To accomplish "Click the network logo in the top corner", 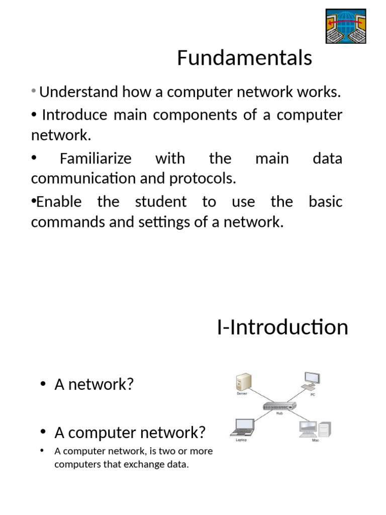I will coord(345,26).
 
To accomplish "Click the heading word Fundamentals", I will coord(244,58).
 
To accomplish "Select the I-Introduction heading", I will coord(282,327).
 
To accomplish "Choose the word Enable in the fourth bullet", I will coord(59,202).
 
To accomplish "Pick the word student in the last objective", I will coord(161,202).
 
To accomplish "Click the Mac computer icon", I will coord(315,429).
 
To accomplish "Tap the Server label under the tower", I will coord(242,394).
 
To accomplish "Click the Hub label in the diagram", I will coord(280,414).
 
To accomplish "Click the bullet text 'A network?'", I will coord(94,385).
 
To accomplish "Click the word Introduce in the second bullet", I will coord(75,115).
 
